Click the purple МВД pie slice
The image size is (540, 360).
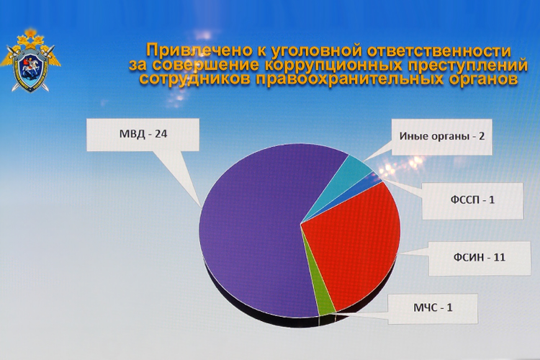(x=252, y=230)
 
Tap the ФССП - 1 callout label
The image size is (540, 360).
(x=467, y=199)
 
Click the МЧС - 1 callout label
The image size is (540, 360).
(x=433, y=309)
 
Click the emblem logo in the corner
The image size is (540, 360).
(x=29, y=60)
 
